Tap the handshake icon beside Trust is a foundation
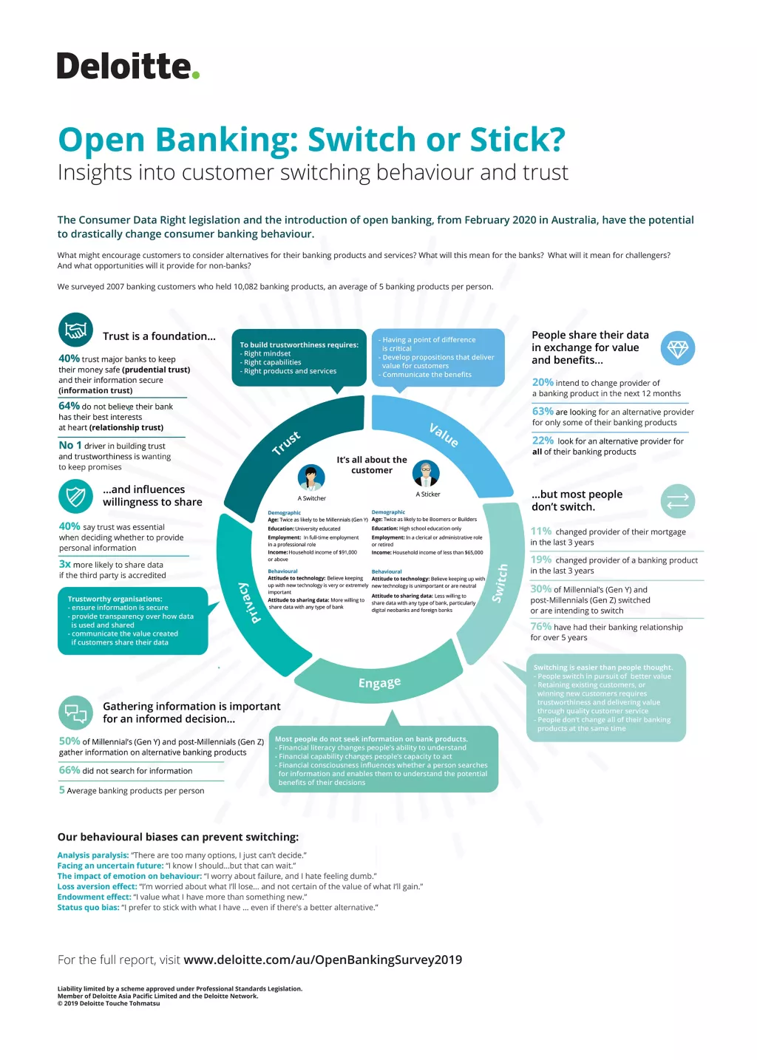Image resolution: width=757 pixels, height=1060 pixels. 75,330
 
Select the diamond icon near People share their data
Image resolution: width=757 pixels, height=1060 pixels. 677,348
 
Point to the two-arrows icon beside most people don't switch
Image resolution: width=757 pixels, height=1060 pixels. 677,501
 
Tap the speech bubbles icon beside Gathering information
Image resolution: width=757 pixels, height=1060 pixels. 75,713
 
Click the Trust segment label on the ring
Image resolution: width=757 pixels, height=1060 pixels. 286,442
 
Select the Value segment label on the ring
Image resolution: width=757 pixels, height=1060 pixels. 444,435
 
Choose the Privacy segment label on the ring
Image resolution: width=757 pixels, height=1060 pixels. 250,602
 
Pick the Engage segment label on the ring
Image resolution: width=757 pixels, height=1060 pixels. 379,682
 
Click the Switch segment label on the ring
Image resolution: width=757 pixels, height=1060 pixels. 500,582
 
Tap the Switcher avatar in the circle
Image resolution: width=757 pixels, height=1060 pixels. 311,478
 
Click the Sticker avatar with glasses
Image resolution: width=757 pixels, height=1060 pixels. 426,473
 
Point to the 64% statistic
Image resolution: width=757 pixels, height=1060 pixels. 69,406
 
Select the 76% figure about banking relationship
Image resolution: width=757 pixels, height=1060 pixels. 540,626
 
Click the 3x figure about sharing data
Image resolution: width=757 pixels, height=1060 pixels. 65,564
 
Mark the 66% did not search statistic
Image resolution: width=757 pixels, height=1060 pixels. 69,770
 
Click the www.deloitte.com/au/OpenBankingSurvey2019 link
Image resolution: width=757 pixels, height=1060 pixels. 322,959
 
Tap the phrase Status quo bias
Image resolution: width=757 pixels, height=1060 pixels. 88,907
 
